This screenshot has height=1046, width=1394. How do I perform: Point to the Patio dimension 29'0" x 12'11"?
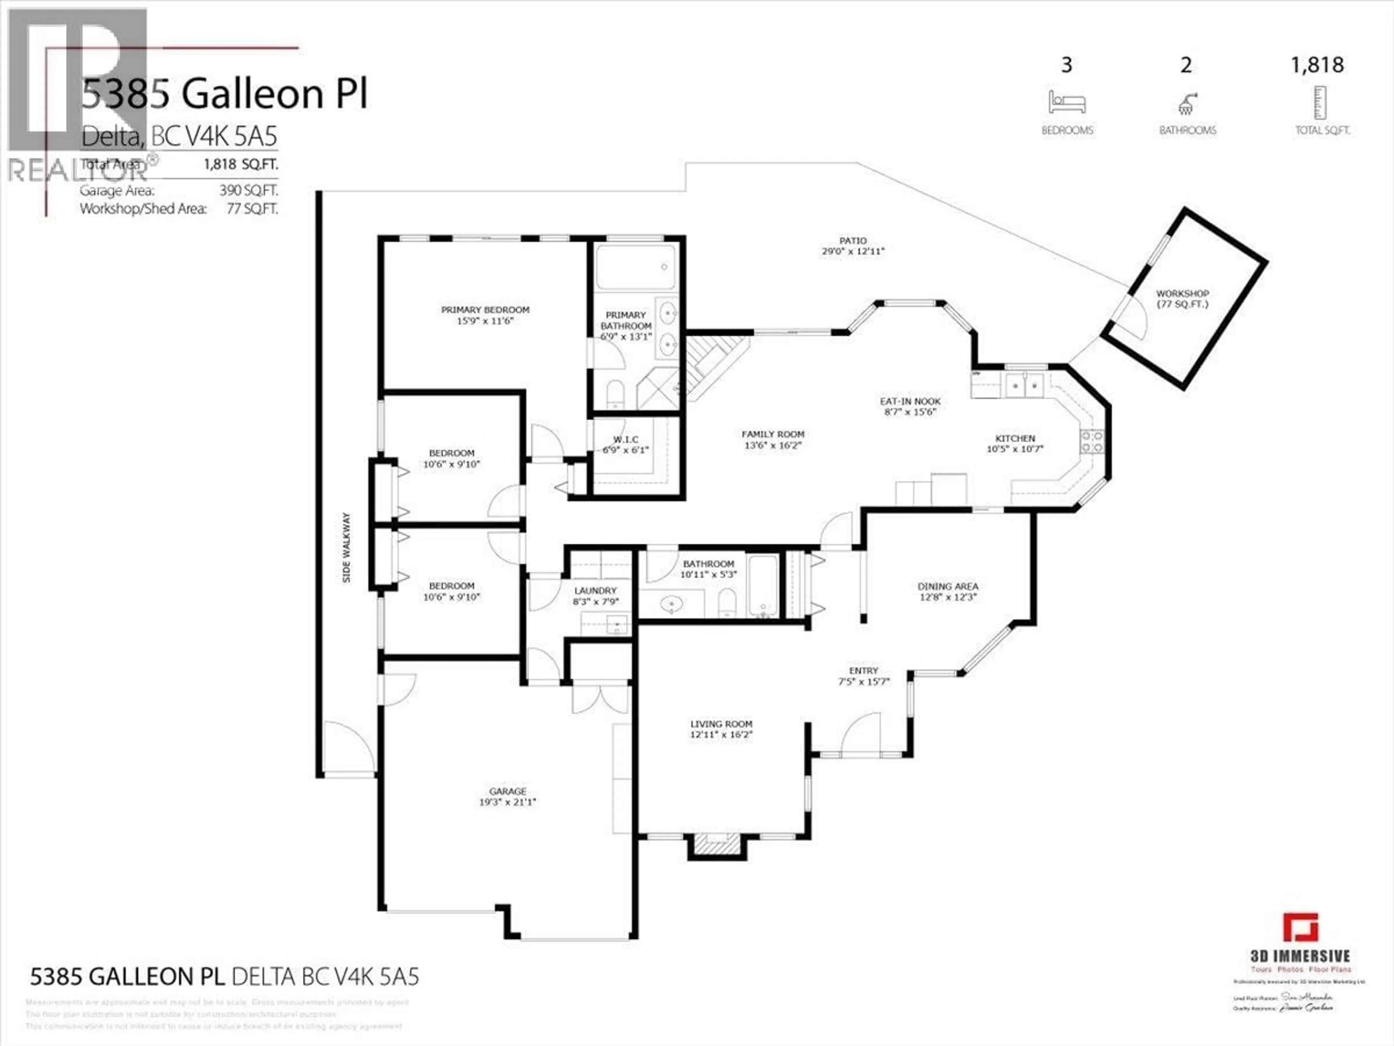[x=853, y=251]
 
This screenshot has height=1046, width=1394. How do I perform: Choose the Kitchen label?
[x=1015, y=438]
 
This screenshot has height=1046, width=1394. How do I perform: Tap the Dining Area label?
[x=948, y=586]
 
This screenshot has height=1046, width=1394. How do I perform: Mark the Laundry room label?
[x=595, y=591]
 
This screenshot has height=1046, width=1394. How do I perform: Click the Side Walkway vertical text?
[x=347, y=547]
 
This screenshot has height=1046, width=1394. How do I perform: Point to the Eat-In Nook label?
[x=910, y=401]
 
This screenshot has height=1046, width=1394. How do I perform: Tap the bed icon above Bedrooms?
[x=1066, y=102]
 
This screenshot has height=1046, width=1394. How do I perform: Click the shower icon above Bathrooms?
[x=1187, y=104]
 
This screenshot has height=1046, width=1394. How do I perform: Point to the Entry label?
[x=863, y=671]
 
